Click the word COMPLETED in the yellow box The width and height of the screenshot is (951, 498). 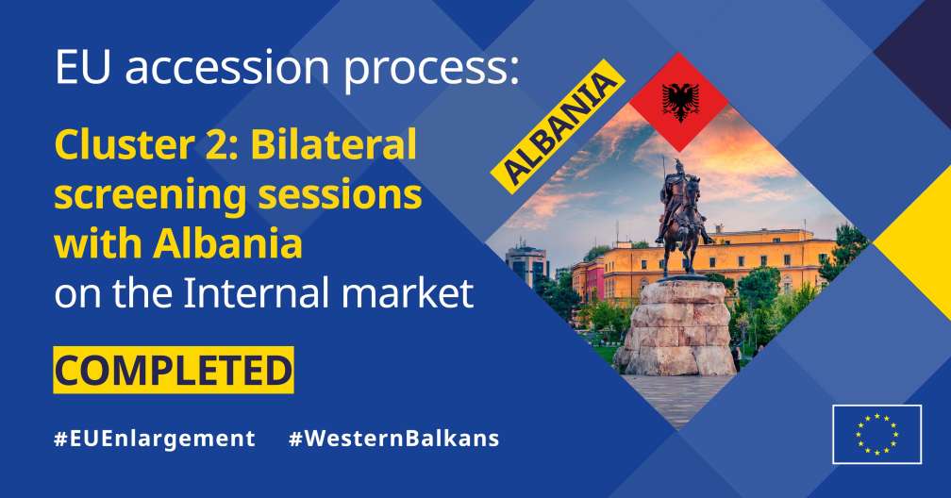pos(174,370)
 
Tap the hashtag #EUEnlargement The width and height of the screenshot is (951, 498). pos(155,439)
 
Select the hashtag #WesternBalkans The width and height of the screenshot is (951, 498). pos(394,439)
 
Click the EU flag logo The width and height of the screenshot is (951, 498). pos(877,434)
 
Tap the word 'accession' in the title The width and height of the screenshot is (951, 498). pos(226,67)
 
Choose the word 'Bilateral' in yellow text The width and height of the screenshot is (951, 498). pos(334,143)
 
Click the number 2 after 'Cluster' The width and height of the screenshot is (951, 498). pos(216,144)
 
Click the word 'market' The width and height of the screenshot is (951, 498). pos(407,292)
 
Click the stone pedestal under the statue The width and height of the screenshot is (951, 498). pos(676,326)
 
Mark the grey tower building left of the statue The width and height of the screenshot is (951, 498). pos(526,264)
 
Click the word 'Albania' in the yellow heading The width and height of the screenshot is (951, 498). pos(227,242)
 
